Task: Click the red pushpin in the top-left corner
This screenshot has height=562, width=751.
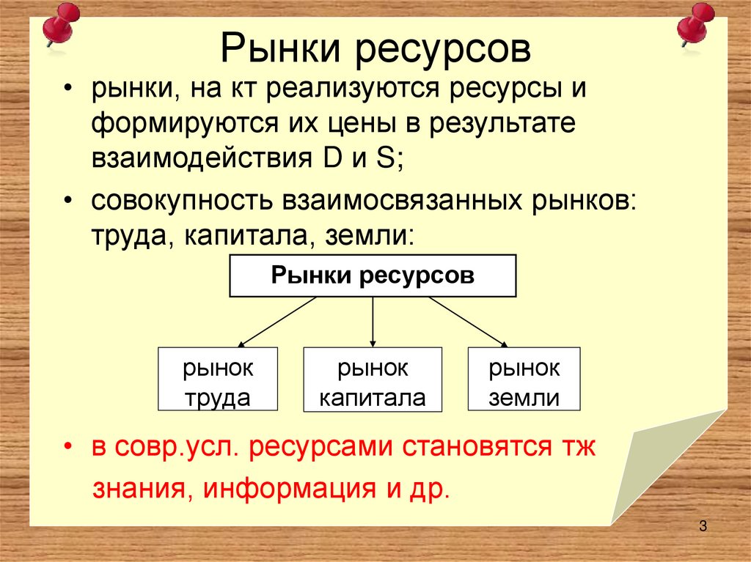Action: [60, 23]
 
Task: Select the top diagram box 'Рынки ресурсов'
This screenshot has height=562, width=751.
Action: [373, 276]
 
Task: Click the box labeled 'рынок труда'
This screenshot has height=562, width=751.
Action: [218, 380]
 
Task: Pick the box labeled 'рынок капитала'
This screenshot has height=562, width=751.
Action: [373, 380]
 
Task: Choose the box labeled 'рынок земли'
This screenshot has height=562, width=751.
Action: [524, 380]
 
